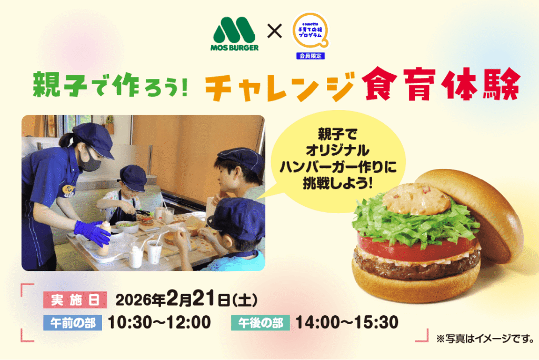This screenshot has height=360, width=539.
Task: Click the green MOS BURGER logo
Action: [x=234, y=34]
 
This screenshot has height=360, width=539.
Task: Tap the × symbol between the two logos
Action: [x=274, y=31]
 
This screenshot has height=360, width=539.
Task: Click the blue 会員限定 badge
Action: [x=311, y=56]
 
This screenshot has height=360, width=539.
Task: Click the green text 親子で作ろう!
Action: [x=111, y=84]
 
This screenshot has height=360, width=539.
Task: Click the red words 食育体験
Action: [x=441, y=84]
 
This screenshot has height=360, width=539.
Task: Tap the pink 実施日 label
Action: [x=75, y=300]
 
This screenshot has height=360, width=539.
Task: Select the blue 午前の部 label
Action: [x=73, y=323]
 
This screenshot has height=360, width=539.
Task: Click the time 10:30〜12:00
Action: [x=159, y=323]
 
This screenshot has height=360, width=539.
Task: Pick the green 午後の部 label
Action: [x=260, y=323]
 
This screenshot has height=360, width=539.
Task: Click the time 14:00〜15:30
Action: [x=347, y=323]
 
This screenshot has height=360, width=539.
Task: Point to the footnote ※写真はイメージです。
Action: [x=485, y=338]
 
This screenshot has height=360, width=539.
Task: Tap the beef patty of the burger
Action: [x=416, y=265]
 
